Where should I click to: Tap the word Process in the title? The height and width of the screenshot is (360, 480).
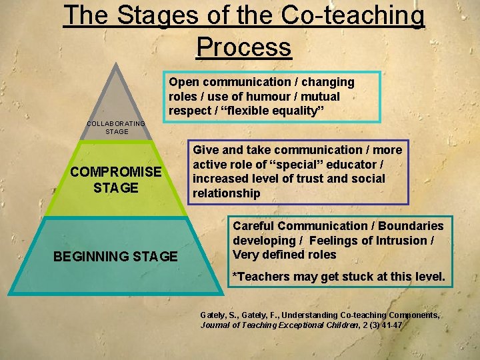tap(244, 47)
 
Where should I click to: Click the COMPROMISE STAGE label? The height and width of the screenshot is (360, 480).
tap(115, 179)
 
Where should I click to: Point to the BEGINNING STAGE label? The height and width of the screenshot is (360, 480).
tap(115, 257)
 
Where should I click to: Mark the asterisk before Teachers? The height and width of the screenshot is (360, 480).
tap(234, 275)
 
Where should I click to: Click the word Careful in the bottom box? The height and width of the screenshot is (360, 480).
tap(254, 226)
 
